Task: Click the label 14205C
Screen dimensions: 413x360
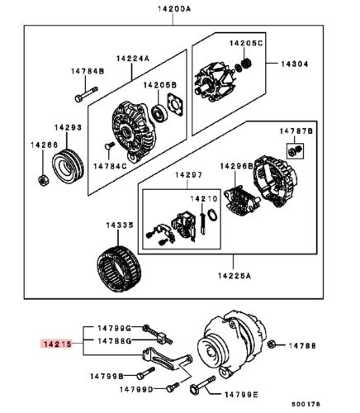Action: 246,42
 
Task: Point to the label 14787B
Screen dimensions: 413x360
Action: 295,130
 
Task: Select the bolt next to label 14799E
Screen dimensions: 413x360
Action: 202,386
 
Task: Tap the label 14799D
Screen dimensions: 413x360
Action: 135,388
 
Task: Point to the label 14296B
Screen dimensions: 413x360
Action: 236,166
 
